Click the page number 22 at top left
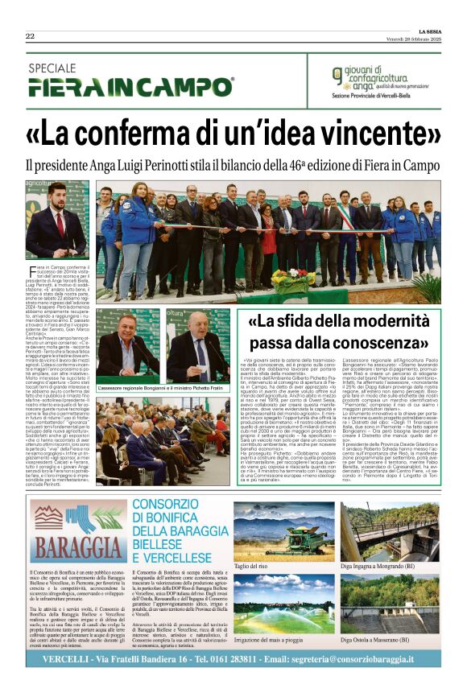[x=30, y=35]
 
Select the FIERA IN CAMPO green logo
[x=130, y=86]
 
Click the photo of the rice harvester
[x=283, y=530]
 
